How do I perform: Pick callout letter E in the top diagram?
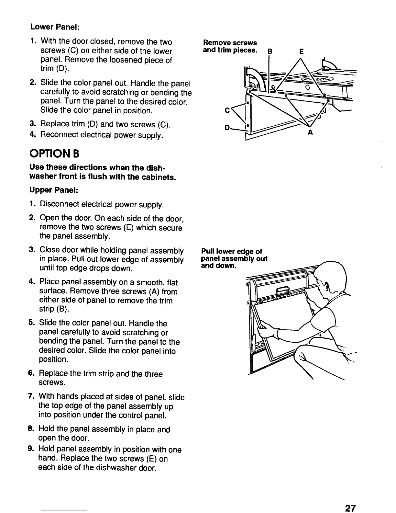(x=301, y=51)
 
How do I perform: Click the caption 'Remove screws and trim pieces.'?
(x=230, y=46)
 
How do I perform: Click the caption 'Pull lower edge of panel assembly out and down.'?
(x=234, y=259)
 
